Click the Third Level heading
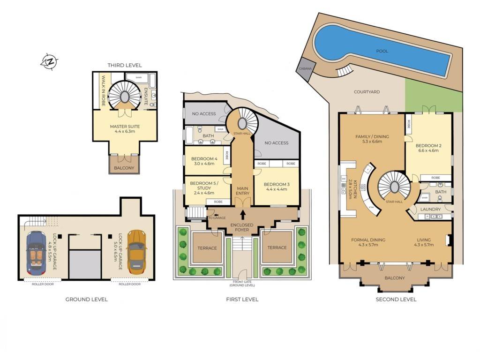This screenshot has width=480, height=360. click(124, 65)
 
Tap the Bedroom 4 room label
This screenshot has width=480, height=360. click(204, 158)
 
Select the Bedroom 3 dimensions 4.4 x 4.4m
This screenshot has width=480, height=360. click(277, 190)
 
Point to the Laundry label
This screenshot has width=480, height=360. click(430, 209)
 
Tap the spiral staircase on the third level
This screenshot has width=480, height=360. click(125, 96)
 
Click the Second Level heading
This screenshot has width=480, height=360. click(396, 299)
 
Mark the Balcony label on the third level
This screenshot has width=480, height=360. click(124, 168)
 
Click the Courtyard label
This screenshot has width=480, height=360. click(367, 92)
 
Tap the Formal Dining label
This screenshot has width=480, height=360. click(368, 240)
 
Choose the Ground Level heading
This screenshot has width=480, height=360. click(86, 299)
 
